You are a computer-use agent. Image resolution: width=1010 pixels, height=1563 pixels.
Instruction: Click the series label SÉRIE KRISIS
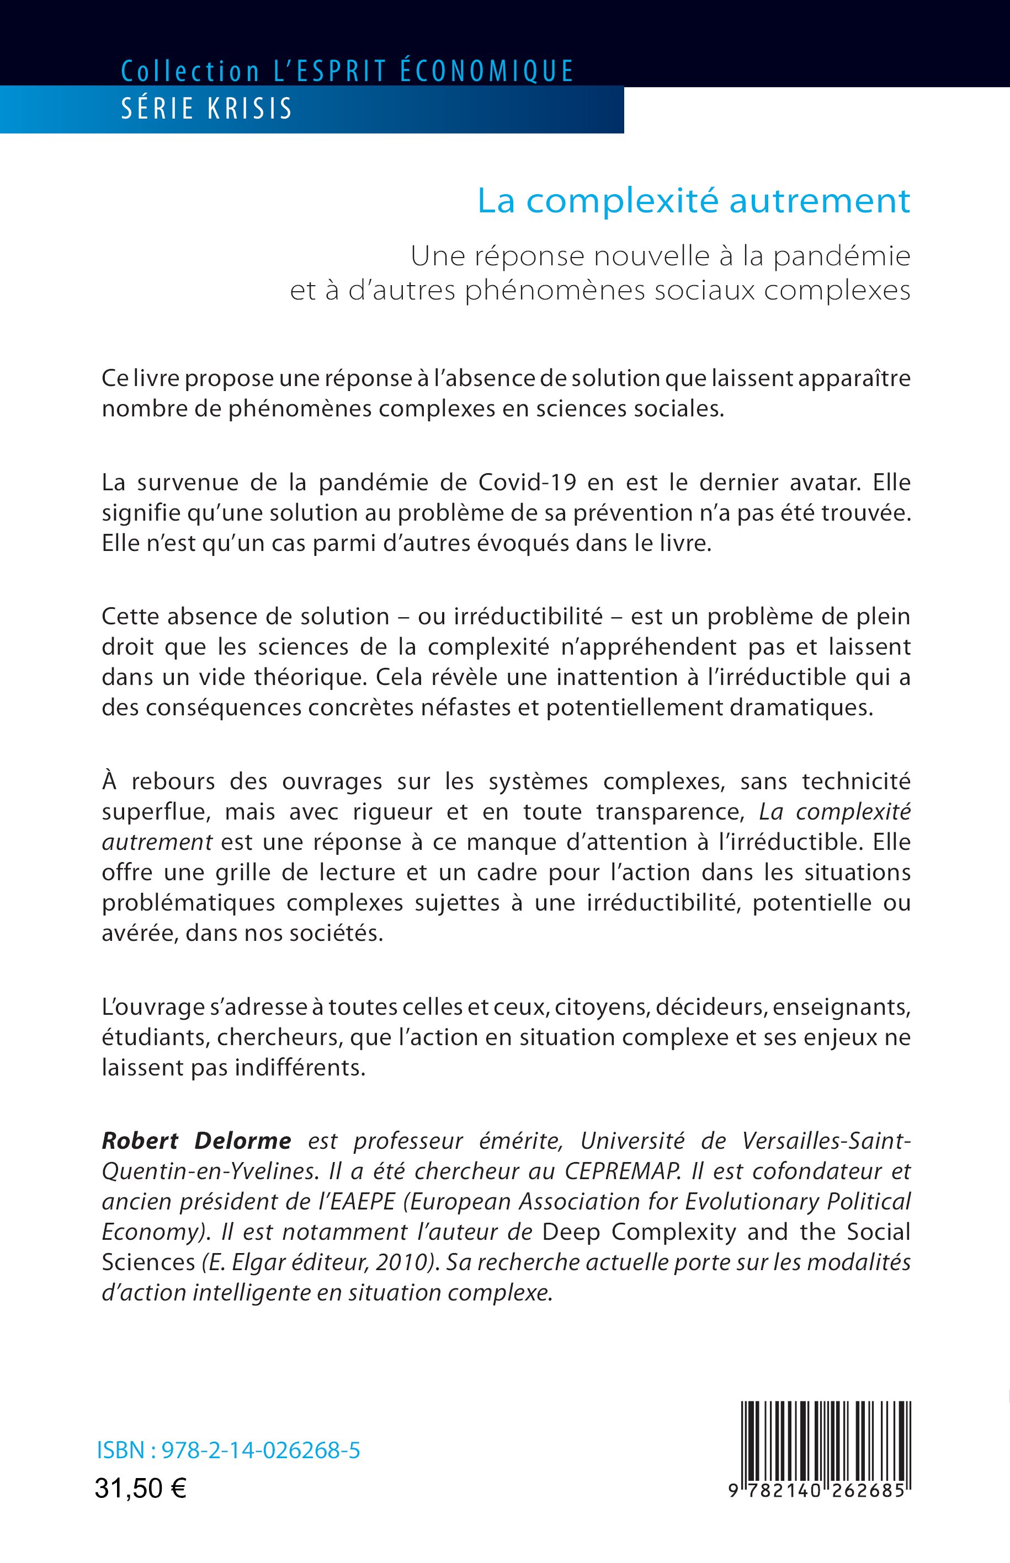click(x=206, y=109)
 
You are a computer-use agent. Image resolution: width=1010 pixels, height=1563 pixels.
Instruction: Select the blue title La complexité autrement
click(x=694, y=201)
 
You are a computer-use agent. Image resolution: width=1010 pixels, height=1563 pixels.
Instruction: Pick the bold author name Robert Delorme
click(x=196, y=1141)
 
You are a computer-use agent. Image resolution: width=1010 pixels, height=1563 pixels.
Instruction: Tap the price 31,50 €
click(x=140, y=1489)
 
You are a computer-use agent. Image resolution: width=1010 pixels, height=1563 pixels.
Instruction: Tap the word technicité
click(x=856, y=781)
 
